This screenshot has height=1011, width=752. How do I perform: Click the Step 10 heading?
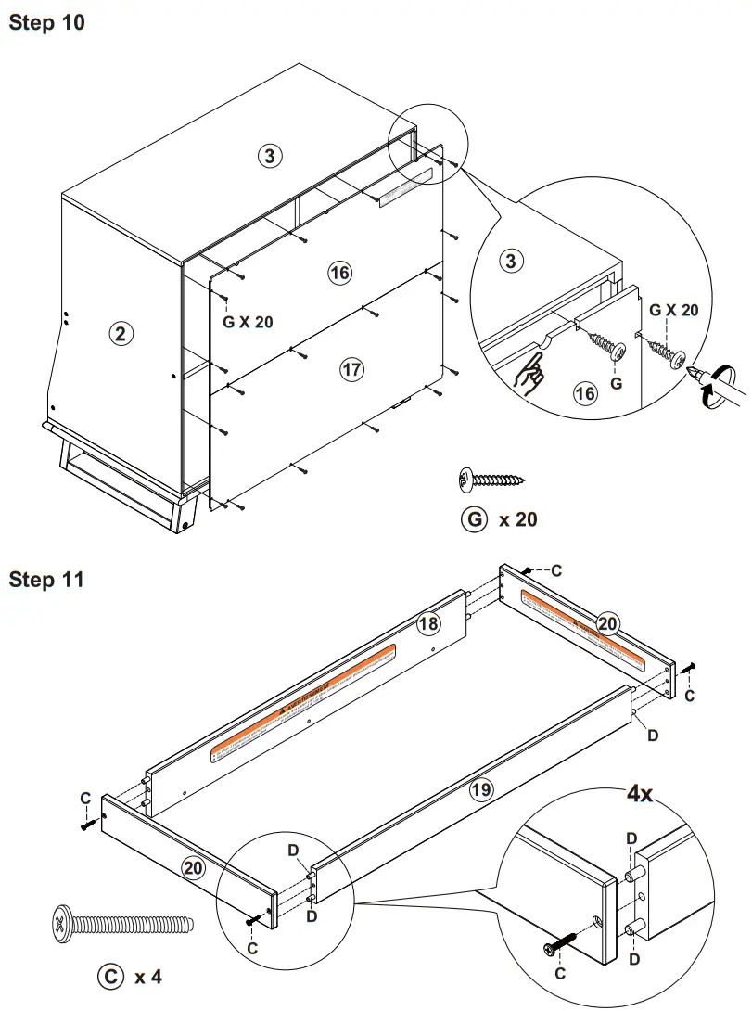[x=46, y=22]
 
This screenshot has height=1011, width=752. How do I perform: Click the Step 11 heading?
[x=46, y=580]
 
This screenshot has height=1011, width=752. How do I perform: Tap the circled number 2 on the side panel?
[x=119, y=334]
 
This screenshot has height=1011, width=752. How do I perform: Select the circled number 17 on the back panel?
[x=351, y=370]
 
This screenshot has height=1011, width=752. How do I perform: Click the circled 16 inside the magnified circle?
[x=585, y=394]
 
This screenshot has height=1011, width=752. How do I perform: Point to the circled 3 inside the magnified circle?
[x=510, y=261]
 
